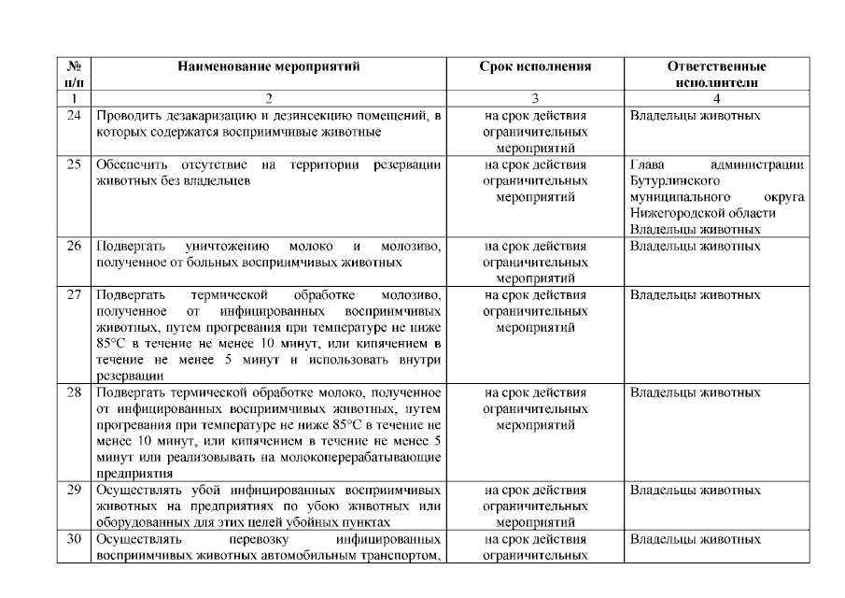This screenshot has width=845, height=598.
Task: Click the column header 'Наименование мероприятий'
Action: [x=269, y=67]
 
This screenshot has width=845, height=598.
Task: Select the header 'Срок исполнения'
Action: [x=536, y=67]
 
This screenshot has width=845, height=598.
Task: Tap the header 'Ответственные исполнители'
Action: [x=716, y=75]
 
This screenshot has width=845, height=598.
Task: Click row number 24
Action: [x=73, y=116]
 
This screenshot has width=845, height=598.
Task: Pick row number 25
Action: [x=73, y=164]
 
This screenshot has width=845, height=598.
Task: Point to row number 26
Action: [x=73, y=247]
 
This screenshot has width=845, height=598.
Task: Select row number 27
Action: [x=73, y=295]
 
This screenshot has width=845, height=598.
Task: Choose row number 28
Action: [x=73, y=392]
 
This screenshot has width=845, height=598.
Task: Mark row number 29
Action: [x=73, y=490]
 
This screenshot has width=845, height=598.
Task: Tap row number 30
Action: [x=73, y=539]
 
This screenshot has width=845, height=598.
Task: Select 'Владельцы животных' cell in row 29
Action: [x=695, y=490]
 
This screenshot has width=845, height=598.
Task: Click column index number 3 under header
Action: [x=536, y=97]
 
